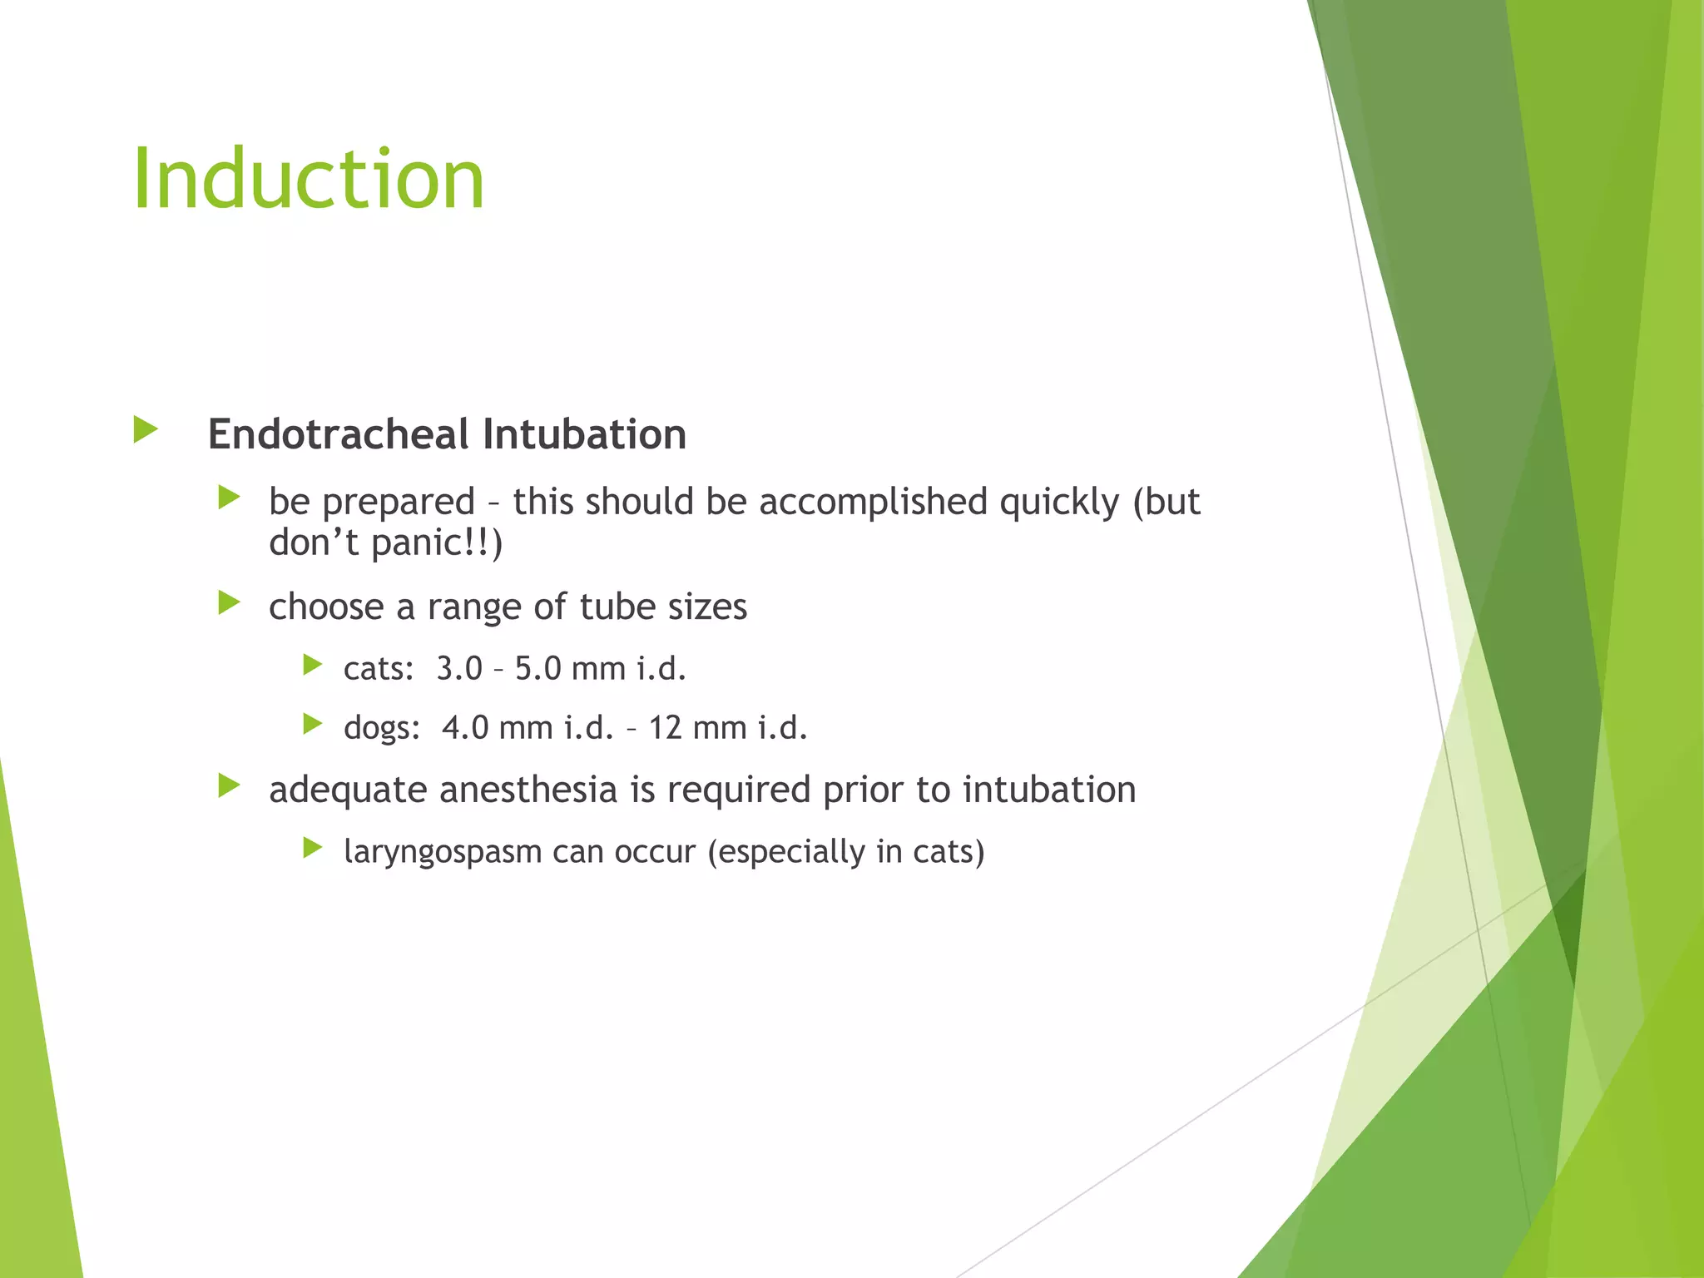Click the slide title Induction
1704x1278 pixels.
click(x=308, y=179)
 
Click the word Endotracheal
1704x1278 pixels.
click(x=338, y=434)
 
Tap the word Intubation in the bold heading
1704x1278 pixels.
click(x=584, y=434)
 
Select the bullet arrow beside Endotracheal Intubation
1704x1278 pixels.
click(x=146, y=430)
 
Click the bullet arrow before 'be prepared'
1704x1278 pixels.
click(x=229, y=498)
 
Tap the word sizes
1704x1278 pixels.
click(x=708, y=607)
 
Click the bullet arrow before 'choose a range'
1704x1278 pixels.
click(x=229, y=602)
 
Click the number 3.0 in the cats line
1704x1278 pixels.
click(x=459, y=669)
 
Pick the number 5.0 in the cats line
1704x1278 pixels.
click(x=537, y=669)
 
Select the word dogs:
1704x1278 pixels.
click(x=382, y=728)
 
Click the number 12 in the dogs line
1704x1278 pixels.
click(x=666, y=728)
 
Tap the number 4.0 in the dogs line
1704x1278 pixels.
click(x=465, y=728)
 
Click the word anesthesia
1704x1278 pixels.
click(x=528, y=790)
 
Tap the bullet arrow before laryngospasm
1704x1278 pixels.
click(x=313, y=848)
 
